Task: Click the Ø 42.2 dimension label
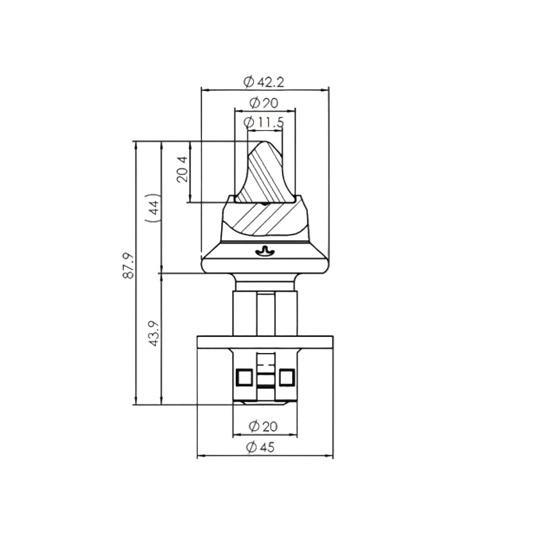coord(263,82)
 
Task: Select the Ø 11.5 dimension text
coord(264,122)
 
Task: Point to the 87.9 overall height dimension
coord(128,265)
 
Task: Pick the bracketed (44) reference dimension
coord(153,207)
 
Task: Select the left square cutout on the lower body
coord(244,377)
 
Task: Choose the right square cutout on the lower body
coord(286,377)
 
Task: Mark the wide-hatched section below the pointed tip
coord(263,219)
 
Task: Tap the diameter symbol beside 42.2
coord(249,82)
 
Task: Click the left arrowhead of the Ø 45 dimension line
coord(199,456)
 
